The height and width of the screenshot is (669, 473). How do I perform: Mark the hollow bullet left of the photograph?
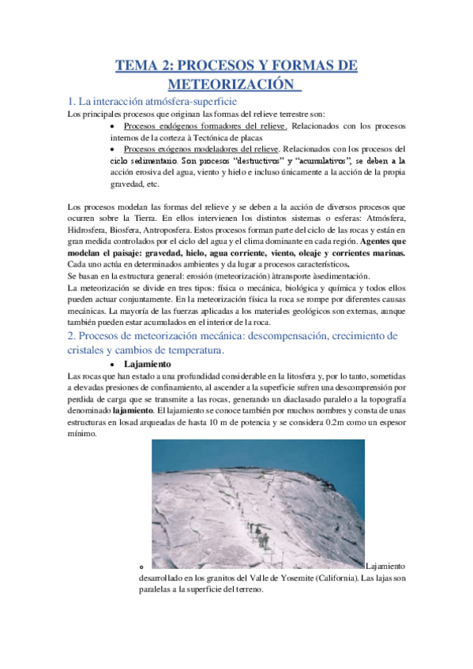140,566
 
